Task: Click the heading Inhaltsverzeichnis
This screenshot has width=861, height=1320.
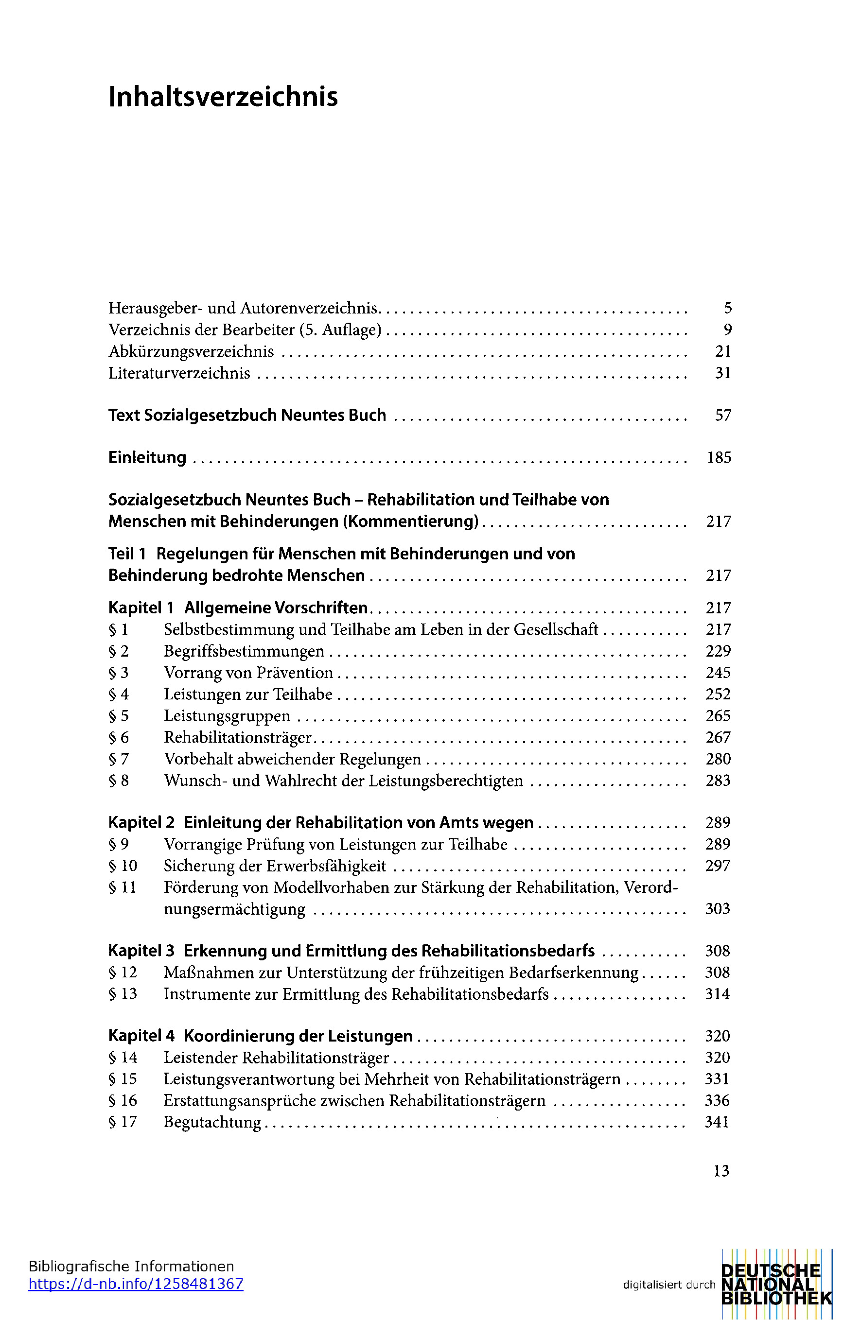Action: click(x=223, y=97)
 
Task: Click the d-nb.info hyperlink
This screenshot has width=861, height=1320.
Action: click(x=136, y=1284)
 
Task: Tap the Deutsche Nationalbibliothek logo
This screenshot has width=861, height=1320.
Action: click(x=777, y=1284)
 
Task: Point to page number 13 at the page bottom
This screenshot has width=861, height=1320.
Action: click(x=721, y=1171)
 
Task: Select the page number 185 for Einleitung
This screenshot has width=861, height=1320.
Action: click(x=719, y=457)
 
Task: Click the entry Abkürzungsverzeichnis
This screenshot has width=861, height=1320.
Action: click(x=191, y=352)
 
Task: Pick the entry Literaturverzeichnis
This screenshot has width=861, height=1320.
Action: click(x=179, y=373)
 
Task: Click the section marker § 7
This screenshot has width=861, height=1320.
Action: click(x=118, y=759)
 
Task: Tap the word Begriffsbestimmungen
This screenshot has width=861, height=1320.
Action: click(x=244, y=651)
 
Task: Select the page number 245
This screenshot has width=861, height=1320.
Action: click(x=718, y=673)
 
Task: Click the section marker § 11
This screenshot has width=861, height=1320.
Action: click(x=122, y=887)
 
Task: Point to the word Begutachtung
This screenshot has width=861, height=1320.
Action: click(x=212, y=1122)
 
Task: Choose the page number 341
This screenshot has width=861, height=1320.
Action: click(x=717, y=1122)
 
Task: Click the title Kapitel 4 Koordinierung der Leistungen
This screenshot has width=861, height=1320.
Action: click(x=260, y=1036)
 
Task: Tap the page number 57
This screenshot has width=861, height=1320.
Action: click(x=723, y=416)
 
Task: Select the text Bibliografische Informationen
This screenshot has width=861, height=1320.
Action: click(x=131, y=1266)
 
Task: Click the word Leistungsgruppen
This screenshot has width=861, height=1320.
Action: click(x=227, y=716)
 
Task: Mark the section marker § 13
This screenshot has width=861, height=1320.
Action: click(x=123, y=994)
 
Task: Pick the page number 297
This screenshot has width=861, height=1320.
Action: click(x=717, y=866)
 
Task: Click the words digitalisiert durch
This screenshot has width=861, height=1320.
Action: click(x=669, y=1285)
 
